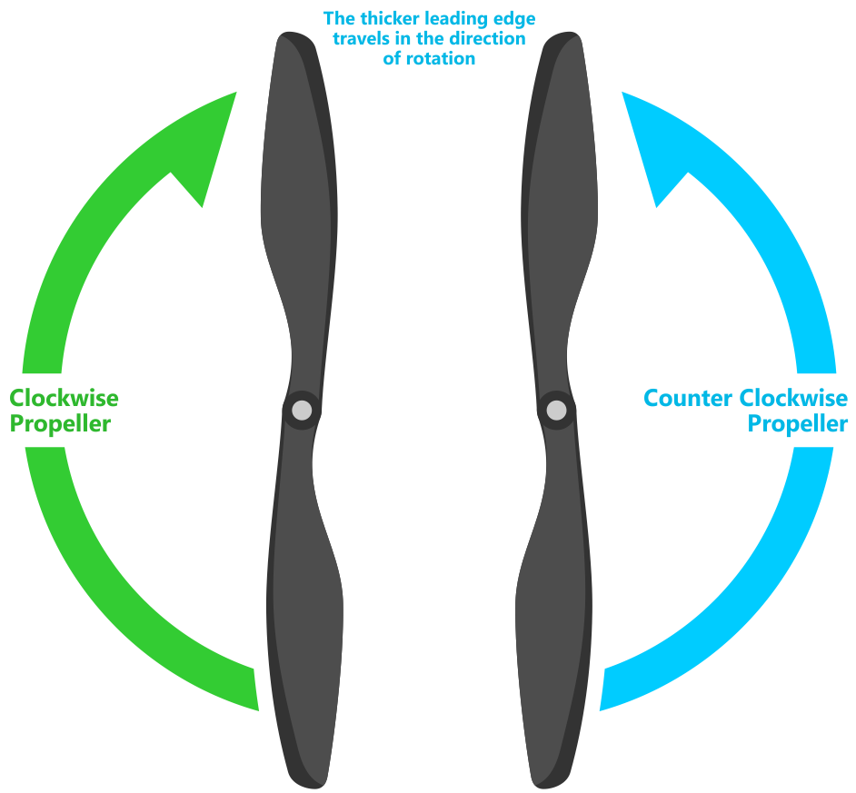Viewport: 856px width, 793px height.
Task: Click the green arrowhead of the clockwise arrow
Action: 210,147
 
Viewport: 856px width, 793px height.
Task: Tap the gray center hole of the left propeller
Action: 302,410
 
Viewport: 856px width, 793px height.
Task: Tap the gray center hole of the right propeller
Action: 556,410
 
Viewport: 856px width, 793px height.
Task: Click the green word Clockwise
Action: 64,398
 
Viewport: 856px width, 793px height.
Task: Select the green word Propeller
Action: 60,424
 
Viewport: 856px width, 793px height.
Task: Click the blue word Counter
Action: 688,398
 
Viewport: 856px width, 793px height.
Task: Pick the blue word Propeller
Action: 798,424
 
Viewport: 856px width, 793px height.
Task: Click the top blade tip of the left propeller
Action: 294,35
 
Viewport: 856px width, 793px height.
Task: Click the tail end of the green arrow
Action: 256,689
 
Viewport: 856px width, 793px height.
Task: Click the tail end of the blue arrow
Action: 602,689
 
